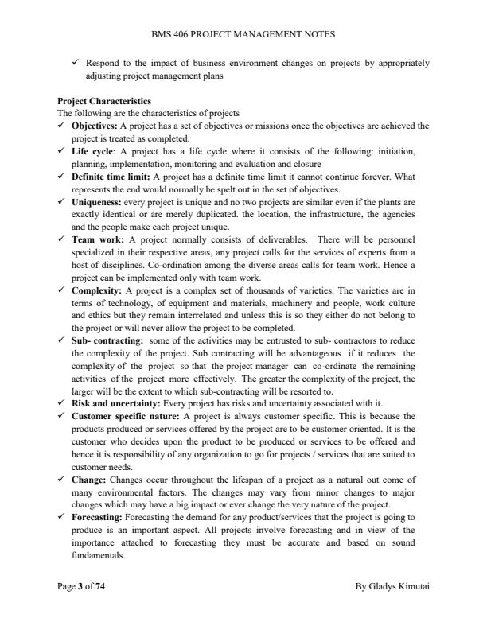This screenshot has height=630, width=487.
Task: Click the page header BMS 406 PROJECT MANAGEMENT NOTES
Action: pos(243,34)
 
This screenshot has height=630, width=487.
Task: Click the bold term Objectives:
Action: pos(93,126)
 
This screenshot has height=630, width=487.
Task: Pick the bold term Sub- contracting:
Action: pos(104,341)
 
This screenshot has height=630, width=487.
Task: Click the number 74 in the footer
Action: pos(99,588)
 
